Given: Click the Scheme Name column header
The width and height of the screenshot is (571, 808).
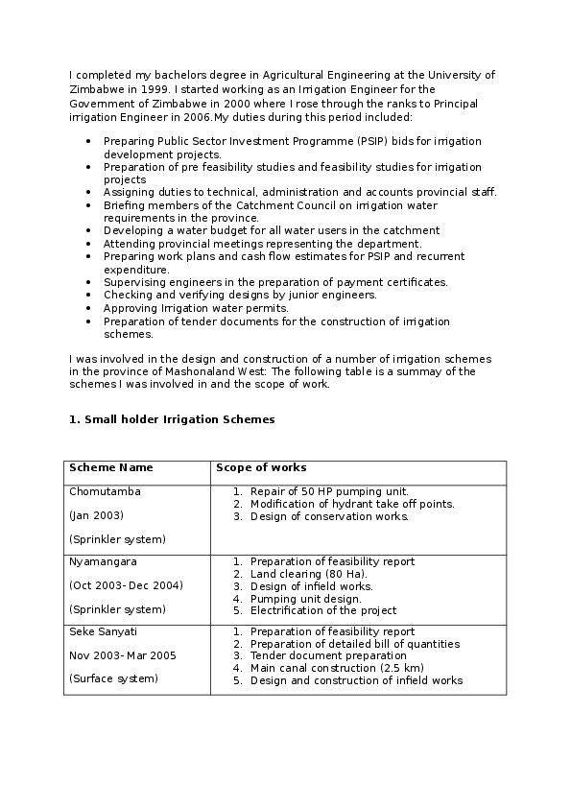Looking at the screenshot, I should [x=110, y=468].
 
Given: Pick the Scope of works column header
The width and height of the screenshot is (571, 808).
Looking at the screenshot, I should [x=261, y=468].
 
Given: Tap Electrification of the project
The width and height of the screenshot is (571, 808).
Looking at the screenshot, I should [x=322, y=610].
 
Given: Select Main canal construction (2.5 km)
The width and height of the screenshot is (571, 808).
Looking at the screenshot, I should [x=336, y=668].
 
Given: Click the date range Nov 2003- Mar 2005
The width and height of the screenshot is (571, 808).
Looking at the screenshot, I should [x=122, y=655].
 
